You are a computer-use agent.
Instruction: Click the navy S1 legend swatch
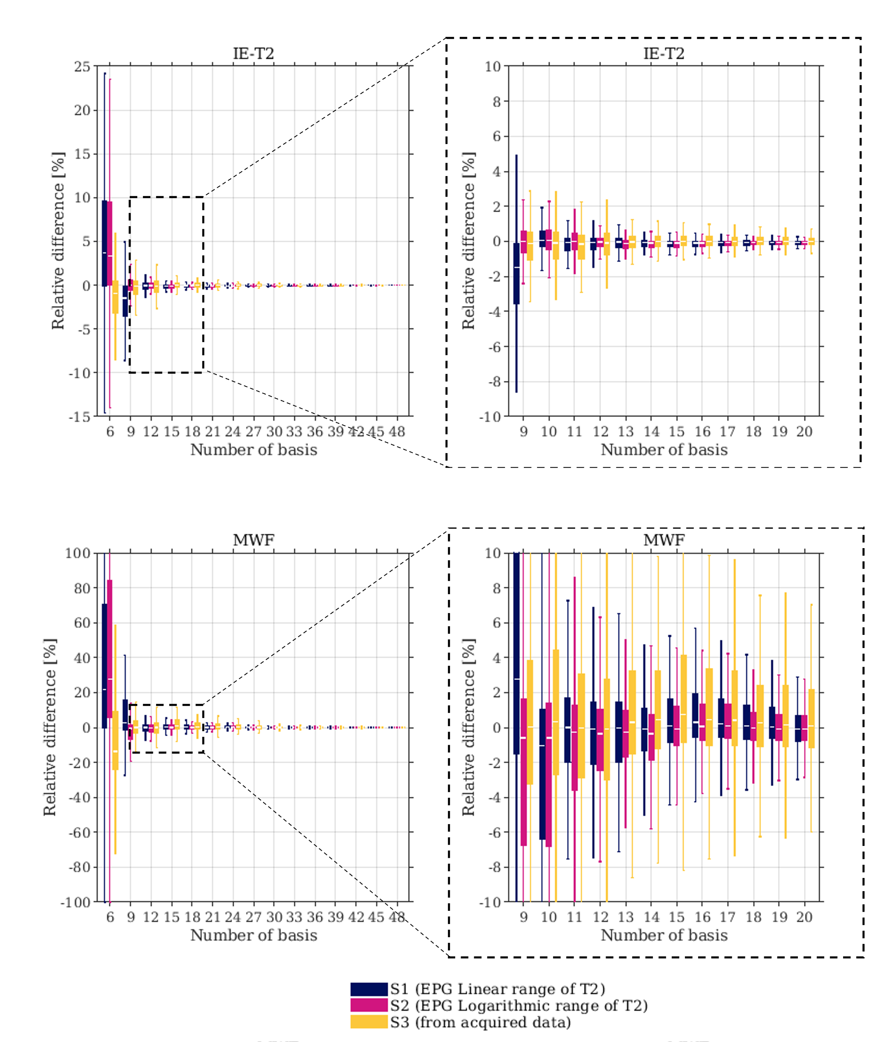click(369, 989)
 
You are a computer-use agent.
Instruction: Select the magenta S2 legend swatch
click(369, 1005)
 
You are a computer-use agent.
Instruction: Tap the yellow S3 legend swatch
click(369, 1022)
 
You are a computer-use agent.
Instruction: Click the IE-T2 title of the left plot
click(254, 53)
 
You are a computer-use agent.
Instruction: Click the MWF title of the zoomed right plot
click(664, 540)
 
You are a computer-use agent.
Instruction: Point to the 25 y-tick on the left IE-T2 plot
click(82, 66)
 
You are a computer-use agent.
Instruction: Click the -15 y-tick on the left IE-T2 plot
click(80, 417)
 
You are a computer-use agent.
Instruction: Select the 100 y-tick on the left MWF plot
click(78, 553)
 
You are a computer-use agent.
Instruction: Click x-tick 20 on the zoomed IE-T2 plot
click(804, 431)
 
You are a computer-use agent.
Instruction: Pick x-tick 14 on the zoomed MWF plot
click(651, 917)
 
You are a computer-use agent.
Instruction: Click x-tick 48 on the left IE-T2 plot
click(397, 431)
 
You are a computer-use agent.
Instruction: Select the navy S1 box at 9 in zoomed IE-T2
click(516, 274)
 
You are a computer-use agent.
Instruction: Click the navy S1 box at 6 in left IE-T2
click(104, 243)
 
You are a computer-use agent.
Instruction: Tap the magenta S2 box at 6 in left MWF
click(110, 648)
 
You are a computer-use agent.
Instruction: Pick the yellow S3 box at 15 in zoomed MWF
click(683, 699)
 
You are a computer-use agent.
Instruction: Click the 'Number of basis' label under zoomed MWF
click(664, 935)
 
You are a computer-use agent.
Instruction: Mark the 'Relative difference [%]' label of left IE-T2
click(58, 241)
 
